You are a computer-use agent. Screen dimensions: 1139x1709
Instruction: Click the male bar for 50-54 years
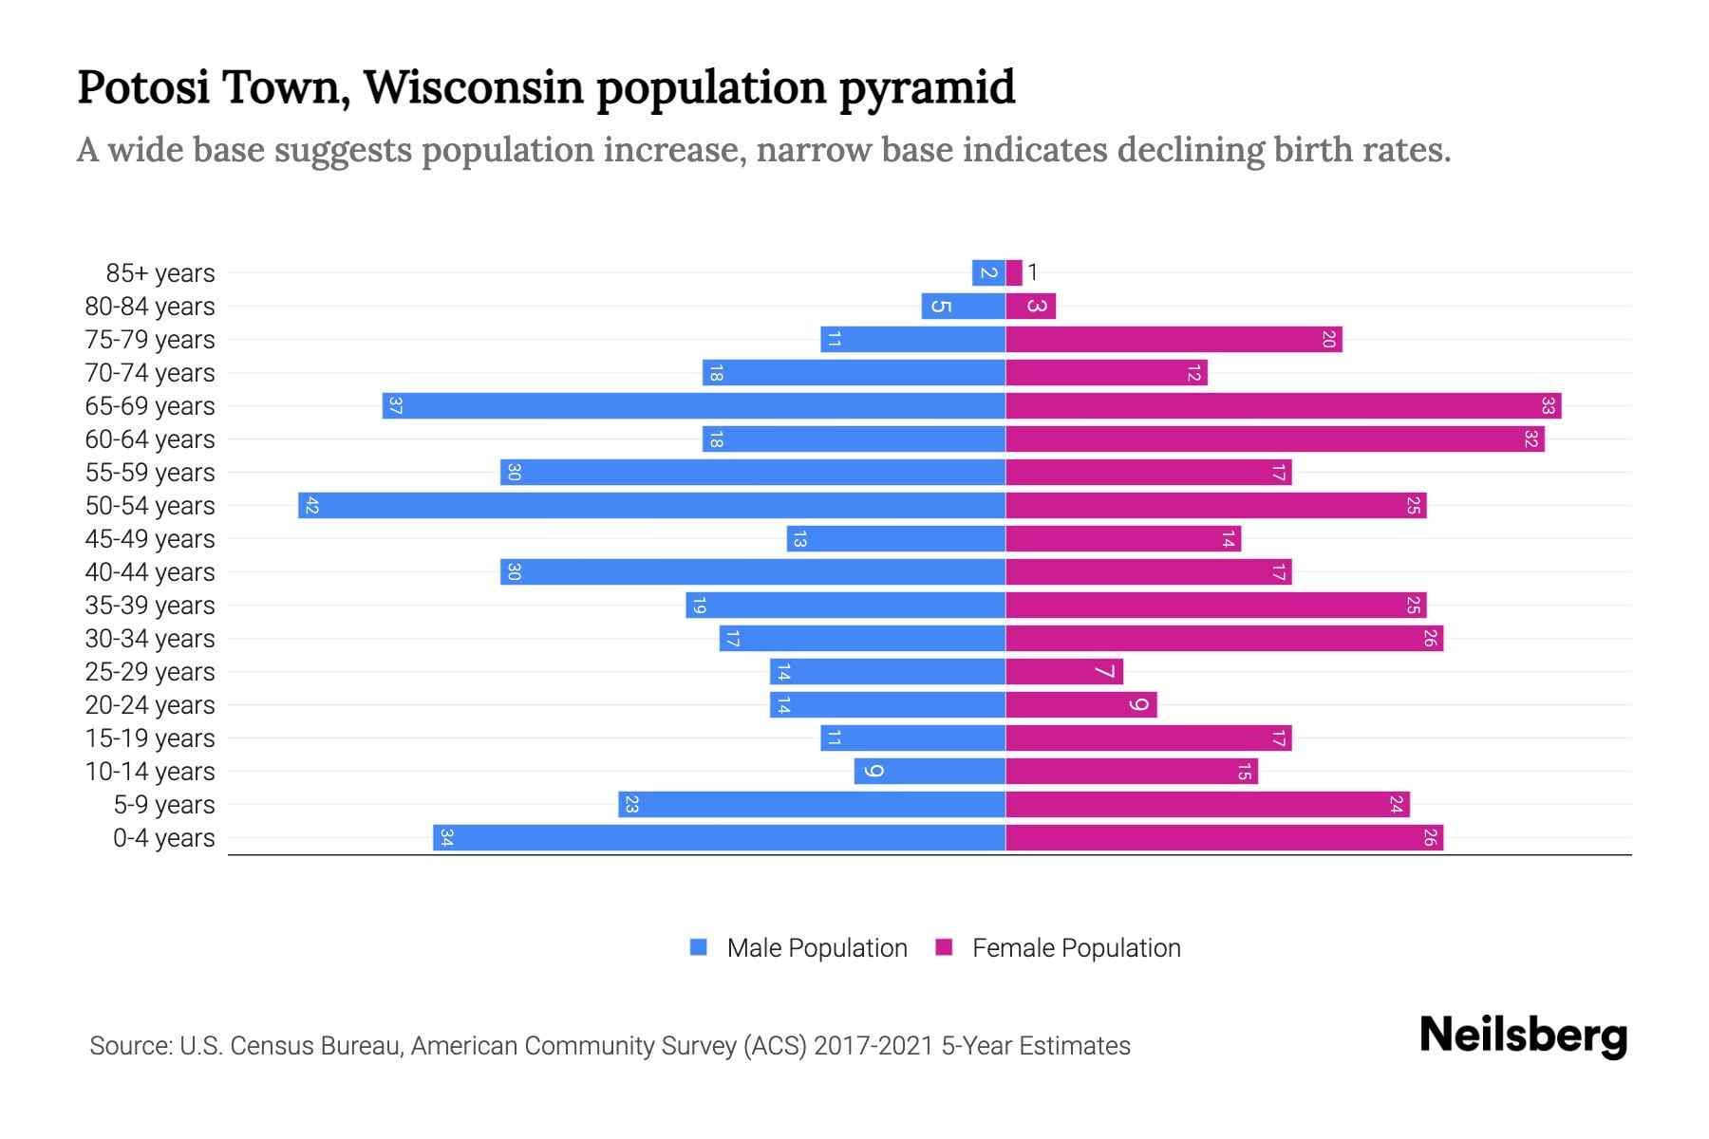tap(651, 505)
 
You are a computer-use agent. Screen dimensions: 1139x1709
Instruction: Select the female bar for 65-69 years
tap(1283, 405)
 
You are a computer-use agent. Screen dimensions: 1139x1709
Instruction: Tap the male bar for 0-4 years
tap(719, 837)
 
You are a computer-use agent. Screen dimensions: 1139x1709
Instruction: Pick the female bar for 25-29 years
tap(1063, 671)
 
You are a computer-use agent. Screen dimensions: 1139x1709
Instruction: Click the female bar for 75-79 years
tap(1174, 339)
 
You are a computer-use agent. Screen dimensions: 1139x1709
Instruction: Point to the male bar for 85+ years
tap(988, 272)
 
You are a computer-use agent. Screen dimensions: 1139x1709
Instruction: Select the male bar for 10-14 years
tap(930, 771)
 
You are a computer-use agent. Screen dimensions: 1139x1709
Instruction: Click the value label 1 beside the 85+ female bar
tap(1033, 272)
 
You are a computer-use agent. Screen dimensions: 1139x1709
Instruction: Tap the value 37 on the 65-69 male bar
tap(396, 405)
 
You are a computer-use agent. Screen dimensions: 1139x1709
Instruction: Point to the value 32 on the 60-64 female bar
tap(1531, 439)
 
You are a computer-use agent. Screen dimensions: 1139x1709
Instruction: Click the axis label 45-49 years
tap(150, 538)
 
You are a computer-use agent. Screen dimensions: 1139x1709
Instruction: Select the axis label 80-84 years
tap(150, 306)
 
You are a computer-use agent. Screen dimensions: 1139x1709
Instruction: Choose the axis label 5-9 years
tap(163, 804)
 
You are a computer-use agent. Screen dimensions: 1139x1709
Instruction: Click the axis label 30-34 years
tap(150, 638)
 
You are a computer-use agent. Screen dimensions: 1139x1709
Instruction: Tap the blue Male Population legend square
tap(699, 947)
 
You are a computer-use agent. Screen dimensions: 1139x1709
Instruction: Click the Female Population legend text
tap(1076, 947)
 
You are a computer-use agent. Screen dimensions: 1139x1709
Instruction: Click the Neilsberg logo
tap(1523, 1036)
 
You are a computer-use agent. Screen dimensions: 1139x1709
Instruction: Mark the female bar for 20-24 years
tap(1080, 704)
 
